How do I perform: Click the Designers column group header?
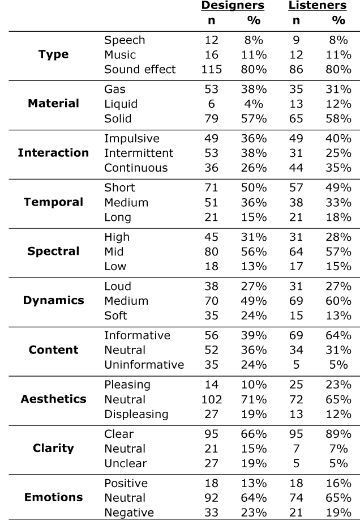[232, 6]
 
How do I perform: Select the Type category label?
[53, 55]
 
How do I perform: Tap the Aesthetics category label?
[53, 399]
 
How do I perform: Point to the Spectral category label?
[53, 251]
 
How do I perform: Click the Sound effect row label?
[140, 70]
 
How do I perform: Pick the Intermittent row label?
[139, 153]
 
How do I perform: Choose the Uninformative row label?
[144, 365]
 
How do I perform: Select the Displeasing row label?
[136, 414]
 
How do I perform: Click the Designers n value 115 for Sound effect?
[211, 70]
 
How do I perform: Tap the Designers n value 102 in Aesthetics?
[211, 399]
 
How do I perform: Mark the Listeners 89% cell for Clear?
[338, 434]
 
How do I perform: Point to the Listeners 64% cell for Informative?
[338, 336]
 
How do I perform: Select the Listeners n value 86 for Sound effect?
[296, 70]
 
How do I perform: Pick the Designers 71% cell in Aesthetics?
[247, 399]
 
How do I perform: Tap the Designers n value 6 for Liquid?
[211, 104]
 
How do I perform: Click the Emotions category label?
[53, 498]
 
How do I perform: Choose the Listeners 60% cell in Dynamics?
[338, 301]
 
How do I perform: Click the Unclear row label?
[125, 463]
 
